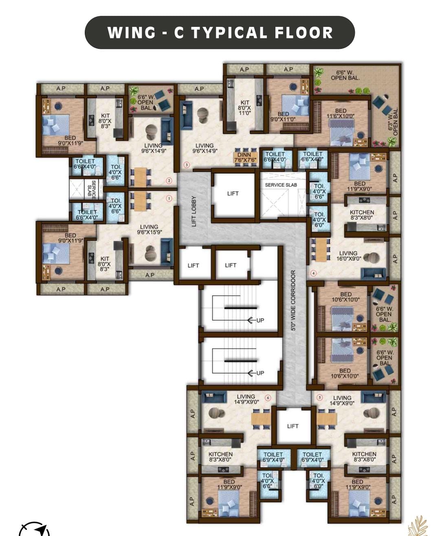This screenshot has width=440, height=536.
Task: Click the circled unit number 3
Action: click(x=187, y=165)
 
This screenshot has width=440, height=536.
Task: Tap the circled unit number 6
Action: click(x=268, y=398)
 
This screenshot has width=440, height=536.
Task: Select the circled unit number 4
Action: click(x=314, y=273)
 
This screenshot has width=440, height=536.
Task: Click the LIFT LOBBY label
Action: click(x=194, y=211)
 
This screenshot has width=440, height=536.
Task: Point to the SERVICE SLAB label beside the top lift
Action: click(x=281, y=185)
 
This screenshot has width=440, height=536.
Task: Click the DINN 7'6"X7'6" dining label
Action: click(x=245, y=157)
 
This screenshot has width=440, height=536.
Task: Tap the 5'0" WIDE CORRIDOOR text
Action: click(x=293, y=300)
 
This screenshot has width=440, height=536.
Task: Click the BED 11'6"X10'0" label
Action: click(x=341, y=113)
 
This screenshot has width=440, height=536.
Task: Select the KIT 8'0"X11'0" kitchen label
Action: click(x=244, y=108)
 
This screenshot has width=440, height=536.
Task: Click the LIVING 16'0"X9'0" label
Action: click(x=348, y=256)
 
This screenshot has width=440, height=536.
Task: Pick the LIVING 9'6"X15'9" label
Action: click(x=149, y=229)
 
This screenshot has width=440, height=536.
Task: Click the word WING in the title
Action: click(x=132, y=33)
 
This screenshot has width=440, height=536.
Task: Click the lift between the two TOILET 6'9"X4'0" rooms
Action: click(x=293, y=426)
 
